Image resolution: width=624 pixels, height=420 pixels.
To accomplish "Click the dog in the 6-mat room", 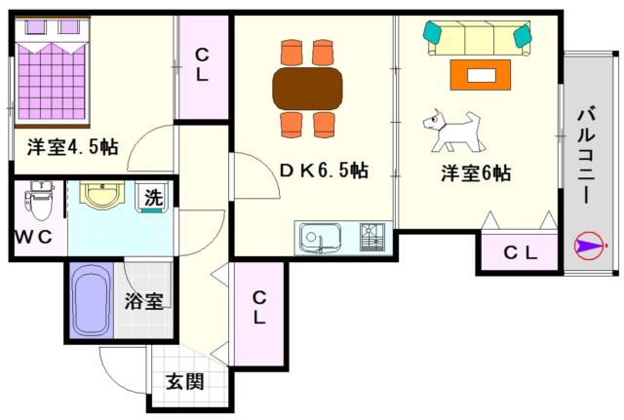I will (x=453, y=130).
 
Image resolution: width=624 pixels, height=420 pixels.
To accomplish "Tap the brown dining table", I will (x=307, y=89).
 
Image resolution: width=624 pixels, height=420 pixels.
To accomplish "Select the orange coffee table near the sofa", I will (x=480, y=73).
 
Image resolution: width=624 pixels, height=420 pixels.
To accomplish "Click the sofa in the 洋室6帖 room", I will (x=478, y=39).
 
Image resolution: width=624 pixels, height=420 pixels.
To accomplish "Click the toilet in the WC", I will (x=40, y=204).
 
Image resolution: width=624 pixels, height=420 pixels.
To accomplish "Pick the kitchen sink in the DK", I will (x=319, y=237).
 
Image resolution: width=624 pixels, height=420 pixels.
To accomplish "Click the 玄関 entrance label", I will (x=183, y=381).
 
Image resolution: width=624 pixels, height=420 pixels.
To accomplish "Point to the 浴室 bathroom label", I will (x=143, y=301).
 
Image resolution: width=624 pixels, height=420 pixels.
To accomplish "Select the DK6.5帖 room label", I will (x=324, y=171).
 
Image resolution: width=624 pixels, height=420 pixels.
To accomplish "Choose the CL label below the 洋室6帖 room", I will (x=520, y=252).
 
